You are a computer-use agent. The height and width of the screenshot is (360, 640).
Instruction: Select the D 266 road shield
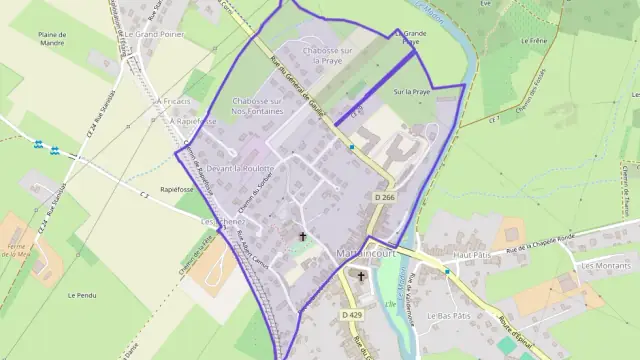[x=385, y=199]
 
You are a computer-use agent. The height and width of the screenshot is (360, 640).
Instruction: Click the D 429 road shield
[x=351, y=315]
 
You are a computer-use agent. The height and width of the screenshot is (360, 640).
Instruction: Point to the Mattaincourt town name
[x=369, y=251]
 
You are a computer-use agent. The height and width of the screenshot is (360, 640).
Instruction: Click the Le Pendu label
[x=81, y=295]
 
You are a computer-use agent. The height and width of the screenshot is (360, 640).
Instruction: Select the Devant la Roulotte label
[x=240, y=169]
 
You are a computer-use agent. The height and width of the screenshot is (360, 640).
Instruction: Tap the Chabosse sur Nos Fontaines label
[x=254, y=105]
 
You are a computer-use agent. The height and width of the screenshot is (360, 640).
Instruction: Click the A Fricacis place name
[x=172, y=101]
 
